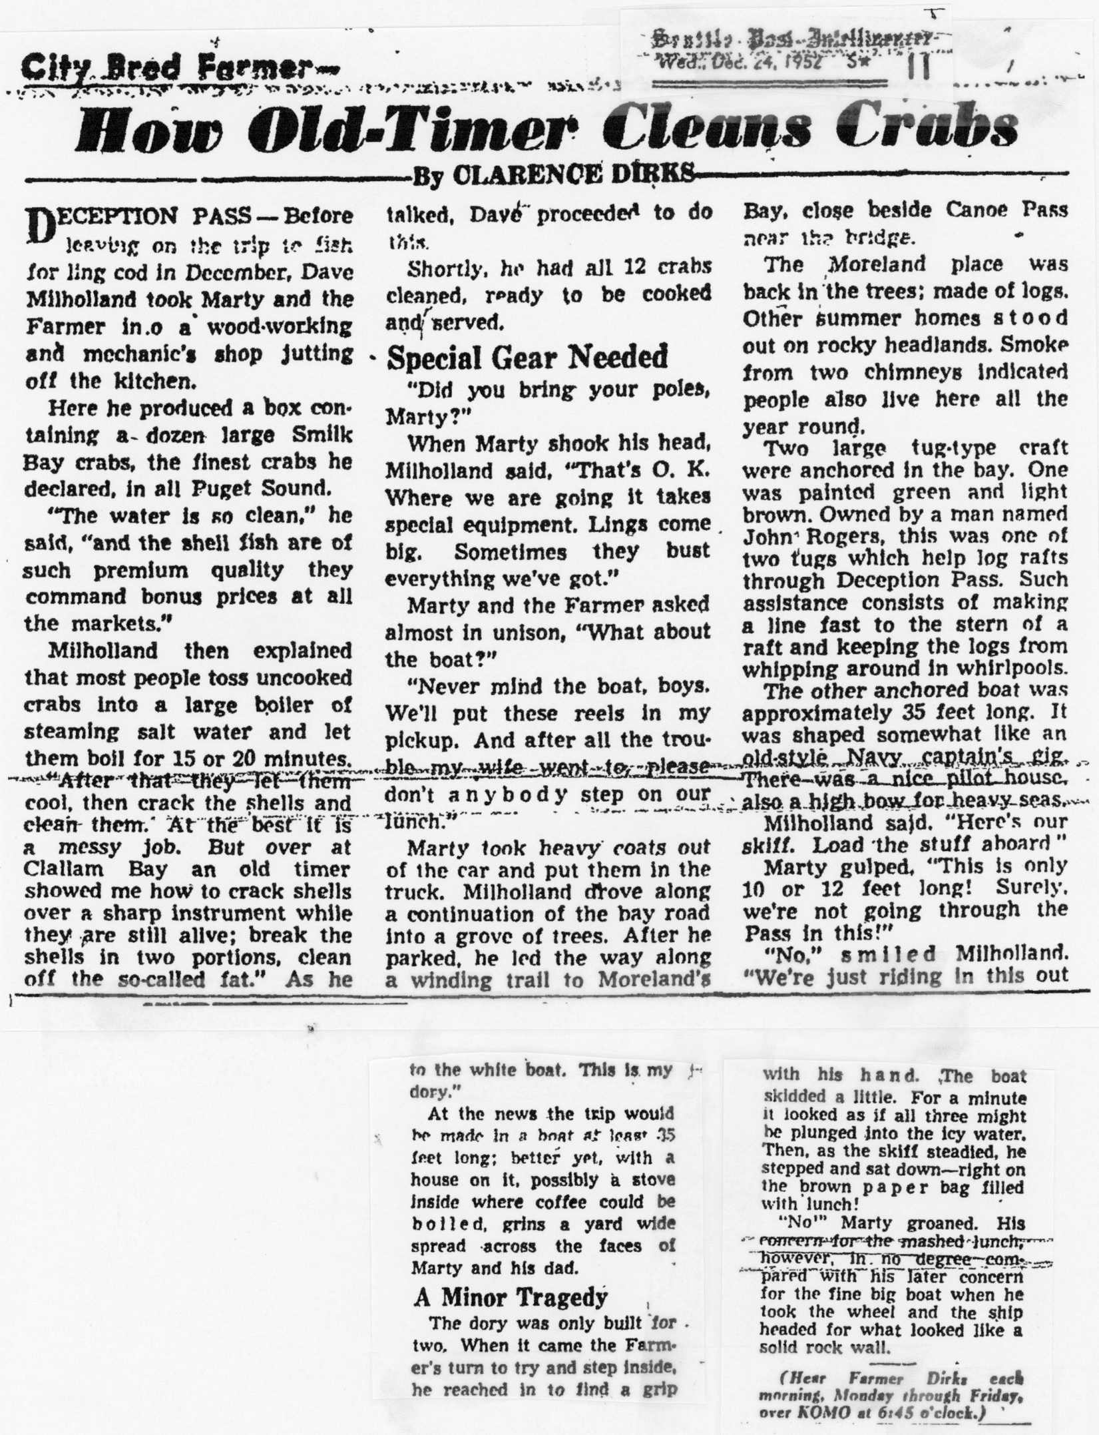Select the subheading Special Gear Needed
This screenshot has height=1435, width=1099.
tap(527, 358)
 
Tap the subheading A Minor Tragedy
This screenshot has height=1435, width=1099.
tap(511, 1298)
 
